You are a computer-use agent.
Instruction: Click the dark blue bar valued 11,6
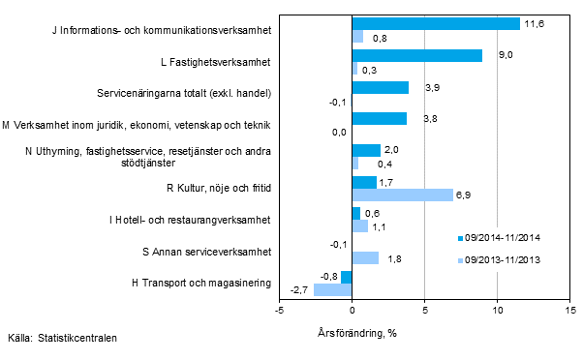coord(436,23)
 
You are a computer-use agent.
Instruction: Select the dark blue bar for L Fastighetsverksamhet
coord(416,55)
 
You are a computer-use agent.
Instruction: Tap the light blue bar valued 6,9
coord(402,195)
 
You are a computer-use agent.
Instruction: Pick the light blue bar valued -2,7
coord(332,289)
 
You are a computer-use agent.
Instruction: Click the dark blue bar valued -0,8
coord(346,277)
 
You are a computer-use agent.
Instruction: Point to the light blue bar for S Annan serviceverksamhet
coord(365,257)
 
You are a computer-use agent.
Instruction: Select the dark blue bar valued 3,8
coord(380,118)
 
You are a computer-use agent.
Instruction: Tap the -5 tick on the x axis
coord(279,311)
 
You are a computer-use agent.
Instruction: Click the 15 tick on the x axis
coord(569,311)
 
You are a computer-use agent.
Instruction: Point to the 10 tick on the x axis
coord(497,311)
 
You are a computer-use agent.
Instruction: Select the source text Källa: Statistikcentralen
coord(61,339)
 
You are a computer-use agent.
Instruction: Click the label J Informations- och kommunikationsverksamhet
coord(161,30)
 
